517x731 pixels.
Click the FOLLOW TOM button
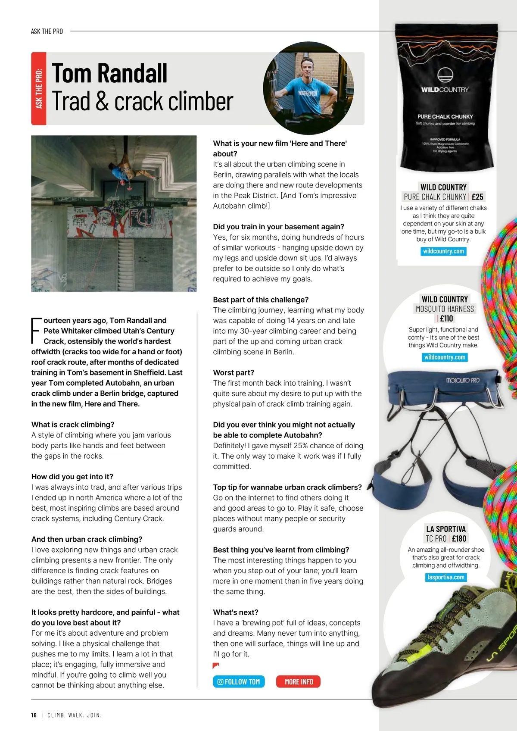(239, 681)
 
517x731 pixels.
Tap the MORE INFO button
(299, 681)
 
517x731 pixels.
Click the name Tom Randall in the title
(109, 73)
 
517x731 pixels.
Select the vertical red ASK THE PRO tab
(39, 88)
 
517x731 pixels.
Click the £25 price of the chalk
(477, 197)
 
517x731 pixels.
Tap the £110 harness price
(446, 319)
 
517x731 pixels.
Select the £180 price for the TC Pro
(459, 538)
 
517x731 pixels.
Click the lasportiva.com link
(445, 577)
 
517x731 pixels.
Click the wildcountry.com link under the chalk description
(443, 251)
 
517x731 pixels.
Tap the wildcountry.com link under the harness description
(445, 357)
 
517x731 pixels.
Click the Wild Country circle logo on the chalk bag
(445, 75)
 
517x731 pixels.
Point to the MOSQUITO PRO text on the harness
(462, 381)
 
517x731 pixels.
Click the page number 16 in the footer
(34, 715)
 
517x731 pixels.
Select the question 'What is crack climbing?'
(73, 425)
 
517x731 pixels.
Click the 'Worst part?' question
(234, 372)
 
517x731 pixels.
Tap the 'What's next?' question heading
(236, 612)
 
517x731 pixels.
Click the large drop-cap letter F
(36, 330)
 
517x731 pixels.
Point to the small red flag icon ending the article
(216, 666)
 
